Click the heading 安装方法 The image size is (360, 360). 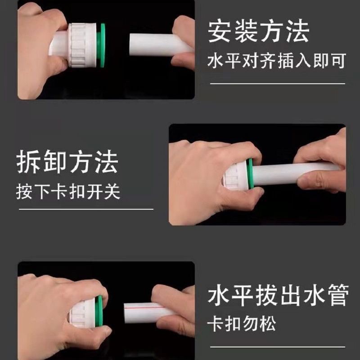[x=259, y=32]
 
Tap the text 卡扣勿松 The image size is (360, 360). [x=242, y=324]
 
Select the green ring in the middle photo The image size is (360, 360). [x=252, y=174]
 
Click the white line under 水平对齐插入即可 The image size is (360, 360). [x=276, y=84]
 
